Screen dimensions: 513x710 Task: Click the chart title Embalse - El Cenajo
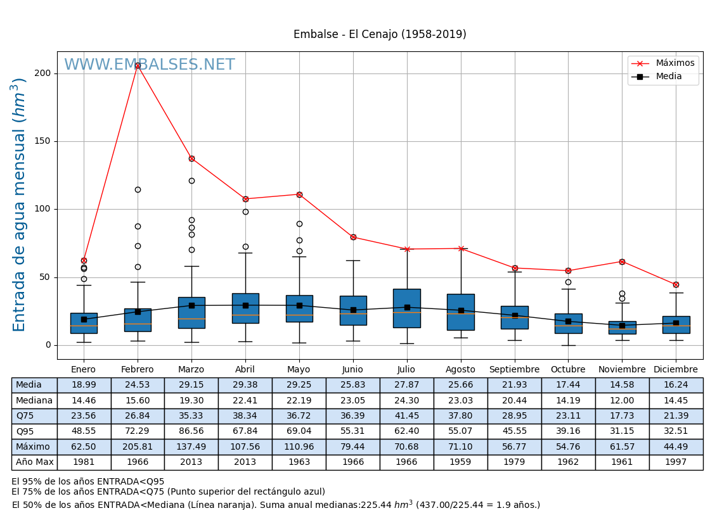[380, 35]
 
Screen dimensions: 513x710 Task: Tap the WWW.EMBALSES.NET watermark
[150, 65]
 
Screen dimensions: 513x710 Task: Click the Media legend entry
[669, 77]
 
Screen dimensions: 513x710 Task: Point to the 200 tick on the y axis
[42, 73]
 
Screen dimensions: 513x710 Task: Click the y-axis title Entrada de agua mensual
[20, 205]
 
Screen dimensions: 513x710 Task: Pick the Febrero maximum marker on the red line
[138, 66]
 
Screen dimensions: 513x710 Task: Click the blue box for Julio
[407, 308]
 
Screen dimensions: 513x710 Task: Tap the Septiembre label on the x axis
[514, 370]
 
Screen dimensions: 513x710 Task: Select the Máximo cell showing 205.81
[138, 447]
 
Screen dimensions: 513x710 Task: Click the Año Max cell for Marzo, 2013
[191, 462]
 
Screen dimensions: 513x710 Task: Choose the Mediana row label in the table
[34, 401]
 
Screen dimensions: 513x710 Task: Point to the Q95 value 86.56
[191, 432]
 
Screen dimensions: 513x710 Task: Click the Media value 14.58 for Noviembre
[622, 385]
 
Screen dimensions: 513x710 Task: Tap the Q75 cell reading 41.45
[407, 416]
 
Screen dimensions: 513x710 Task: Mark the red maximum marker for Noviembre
[622, 262]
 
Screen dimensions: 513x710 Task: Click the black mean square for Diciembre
[676, 323]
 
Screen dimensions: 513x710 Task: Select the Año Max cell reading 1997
[676, 462]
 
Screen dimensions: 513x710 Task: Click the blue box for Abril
[245, 308]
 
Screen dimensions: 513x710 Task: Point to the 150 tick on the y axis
[42, 141]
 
